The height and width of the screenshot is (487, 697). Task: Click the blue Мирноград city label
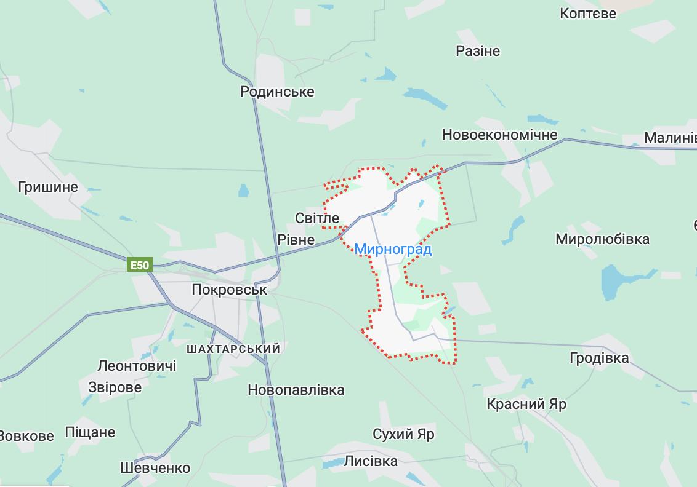point(393,250)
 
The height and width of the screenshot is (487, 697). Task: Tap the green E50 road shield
point(139,266)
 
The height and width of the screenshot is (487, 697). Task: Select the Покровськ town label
point(230,289)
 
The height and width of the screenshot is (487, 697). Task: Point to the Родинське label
point(277,92)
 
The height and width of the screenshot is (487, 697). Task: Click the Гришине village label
point(49,187)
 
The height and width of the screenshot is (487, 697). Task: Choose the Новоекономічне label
point(499,135)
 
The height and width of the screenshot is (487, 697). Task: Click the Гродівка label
point(599,357)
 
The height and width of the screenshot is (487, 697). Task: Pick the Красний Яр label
point(526,404)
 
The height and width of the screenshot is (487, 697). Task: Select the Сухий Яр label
point(403,434)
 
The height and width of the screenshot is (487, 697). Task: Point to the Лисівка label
point(371,461)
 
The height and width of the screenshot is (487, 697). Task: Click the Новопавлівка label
point(296,390)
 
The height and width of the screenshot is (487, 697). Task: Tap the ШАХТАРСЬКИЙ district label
point(233,349)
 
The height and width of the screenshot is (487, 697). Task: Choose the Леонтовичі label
point(137,366)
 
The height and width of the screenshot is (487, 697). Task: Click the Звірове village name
point(115,387)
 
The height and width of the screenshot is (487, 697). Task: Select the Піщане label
point(90,432)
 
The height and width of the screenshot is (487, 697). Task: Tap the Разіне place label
point(477,51)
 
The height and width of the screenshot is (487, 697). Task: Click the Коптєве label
point(587,13)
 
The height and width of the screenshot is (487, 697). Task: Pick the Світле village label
point(317,218)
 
